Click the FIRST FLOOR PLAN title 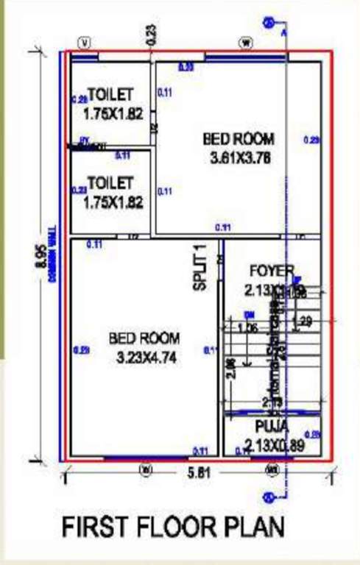point(173,527)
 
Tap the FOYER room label point(272,270)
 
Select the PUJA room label point(272,426)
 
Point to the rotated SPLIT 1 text point(201,270)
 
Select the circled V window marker point(86,43)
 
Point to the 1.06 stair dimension point(248,327)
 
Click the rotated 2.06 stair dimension point(232,366)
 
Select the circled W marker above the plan point(245,43)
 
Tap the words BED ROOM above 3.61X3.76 point(238,138)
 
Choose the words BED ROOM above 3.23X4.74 point(144,340)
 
